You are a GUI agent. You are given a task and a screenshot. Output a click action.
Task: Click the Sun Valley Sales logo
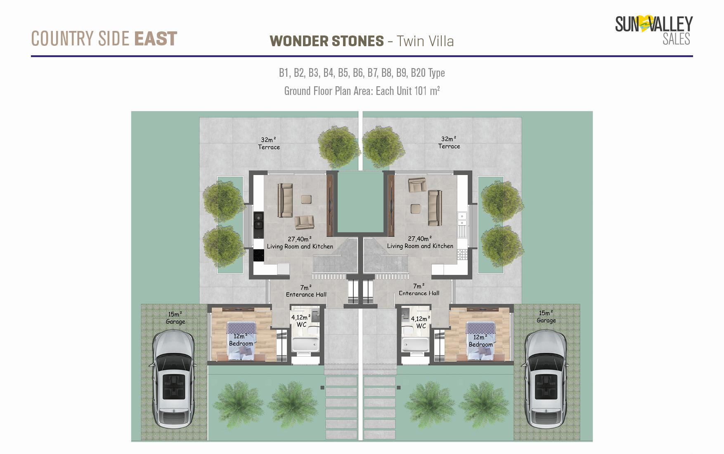pyautogui.click(x=654, y=30)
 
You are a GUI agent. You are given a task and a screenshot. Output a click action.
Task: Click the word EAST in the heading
pyautogui.click(x=156, y=39)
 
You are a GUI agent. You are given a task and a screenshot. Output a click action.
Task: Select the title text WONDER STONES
pyautogui.click(x=327, y=41)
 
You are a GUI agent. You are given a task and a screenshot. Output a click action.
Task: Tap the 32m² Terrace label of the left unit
pyautogui.click(x=269, y=143)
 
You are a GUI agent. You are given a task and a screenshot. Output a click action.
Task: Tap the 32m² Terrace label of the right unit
pyautogui.click(x=449, y=142)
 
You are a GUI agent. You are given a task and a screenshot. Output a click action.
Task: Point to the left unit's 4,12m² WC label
pyautogui.click(x=301, y=321)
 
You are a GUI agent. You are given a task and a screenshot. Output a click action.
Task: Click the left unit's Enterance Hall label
pyautogui.click(x=306, y=291)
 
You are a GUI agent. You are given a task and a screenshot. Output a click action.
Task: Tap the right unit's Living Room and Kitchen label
pyautogui.click(x=420, y=242)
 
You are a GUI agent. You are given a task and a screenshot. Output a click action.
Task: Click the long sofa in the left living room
pyautogui.click(x=285, y=200)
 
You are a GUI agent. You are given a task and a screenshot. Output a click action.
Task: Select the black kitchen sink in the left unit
pyautogui.click(x=258, y=221)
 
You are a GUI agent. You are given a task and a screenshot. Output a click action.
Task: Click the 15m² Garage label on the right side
pyautogui.click(x=546, y=317)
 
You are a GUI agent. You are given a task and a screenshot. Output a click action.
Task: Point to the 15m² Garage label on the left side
pyautogui.click(x=175, y=318)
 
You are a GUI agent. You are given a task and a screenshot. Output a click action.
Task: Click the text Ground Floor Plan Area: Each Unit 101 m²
pyautogui.click(x=362, y=91)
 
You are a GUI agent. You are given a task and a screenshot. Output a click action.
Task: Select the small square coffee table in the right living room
pyautogui.click(x=415, y=209)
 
